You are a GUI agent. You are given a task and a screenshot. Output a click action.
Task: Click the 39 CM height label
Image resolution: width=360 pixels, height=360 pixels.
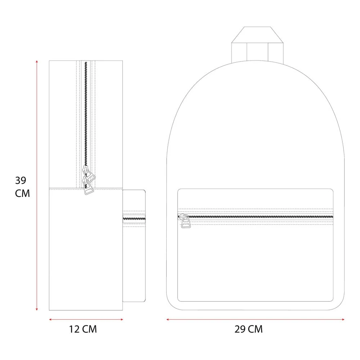[x=22, y=187]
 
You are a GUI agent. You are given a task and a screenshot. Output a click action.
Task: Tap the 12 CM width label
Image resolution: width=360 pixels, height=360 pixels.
[x=83, y=329]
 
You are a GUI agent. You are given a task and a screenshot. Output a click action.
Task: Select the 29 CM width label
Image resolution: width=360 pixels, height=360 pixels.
[x=248, y=329]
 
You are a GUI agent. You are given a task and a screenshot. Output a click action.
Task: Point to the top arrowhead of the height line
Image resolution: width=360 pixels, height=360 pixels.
[x=37, y=61]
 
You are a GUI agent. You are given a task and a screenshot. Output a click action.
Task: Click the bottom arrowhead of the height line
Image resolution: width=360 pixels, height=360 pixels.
[x=37, y=310]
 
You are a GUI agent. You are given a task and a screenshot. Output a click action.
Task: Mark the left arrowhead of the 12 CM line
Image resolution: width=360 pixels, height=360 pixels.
[x=50, y=319]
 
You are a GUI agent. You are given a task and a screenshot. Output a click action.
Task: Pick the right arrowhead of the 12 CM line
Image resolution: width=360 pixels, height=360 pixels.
[x=122, y=319]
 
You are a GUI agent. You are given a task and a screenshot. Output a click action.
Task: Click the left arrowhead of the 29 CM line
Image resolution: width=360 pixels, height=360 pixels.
[x=168, y=319]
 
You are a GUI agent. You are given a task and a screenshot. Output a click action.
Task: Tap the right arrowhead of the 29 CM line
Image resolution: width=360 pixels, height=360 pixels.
[x=343, y=319]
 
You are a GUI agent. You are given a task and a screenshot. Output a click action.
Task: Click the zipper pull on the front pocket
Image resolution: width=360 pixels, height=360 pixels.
[x=185, y=221]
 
